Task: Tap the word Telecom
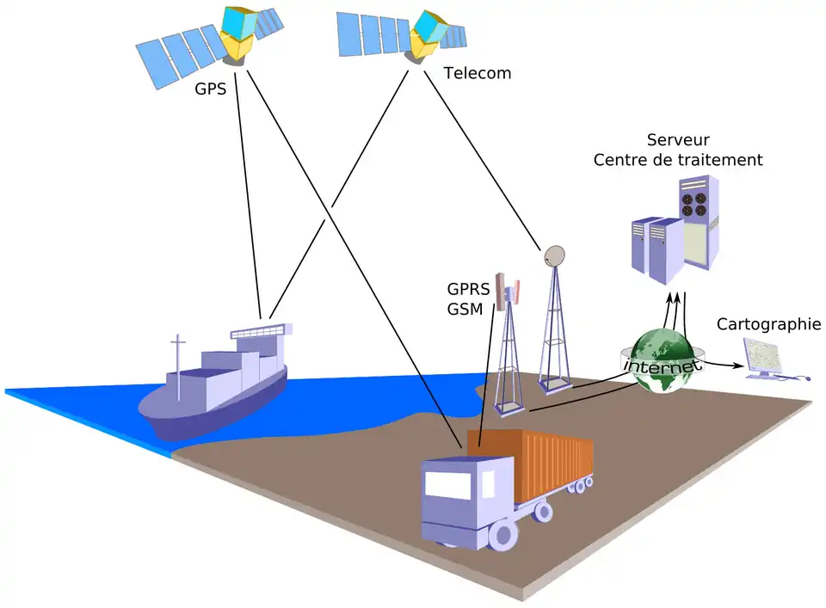coord(477,73)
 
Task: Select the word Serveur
coord(678,139)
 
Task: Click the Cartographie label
coord(768,324)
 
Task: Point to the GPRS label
coord(468,289)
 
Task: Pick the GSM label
coord(465,309)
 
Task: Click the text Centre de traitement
coord(678,160)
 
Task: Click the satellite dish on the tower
coord(555,255)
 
